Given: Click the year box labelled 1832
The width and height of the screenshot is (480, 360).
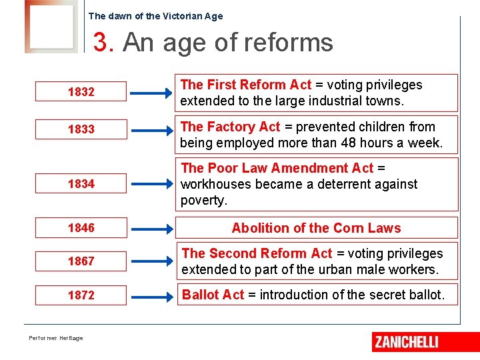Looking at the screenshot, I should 81,92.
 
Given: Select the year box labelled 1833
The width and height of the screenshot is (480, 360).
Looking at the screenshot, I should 81,129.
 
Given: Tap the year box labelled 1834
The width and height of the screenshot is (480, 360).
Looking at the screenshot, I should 81,183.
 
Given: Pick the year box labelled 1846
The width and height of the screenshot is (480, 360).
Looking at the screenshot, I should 81,228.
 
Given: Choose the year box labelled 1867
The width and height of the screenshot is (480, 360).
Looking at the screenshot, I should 81,261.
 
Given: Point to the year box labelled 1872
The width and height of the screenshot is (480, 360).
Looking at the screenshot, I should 81,295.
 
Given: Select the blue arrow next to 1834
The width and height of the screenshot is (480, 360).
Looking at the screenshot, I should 150,183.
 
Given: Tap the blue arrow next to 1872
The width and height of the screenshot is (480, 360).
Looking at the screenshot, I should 150,295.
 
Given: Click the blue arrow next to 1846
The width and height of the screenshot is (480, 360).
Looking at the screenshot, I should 150,228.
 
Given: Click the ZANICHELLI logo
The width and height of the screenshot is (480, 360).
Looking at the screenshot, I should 406,341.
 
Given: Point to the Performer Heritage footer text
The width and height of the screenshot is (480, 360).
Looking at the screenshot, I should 56,338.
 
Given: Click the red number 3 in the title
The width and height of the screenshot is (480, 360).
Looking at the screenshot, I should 101,43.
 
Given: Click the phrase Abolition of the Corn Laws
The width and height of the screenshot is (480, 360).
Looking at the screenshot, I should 316,228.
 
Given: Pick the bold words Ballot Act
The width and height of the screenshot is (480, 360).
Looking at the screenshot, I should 213,295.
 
